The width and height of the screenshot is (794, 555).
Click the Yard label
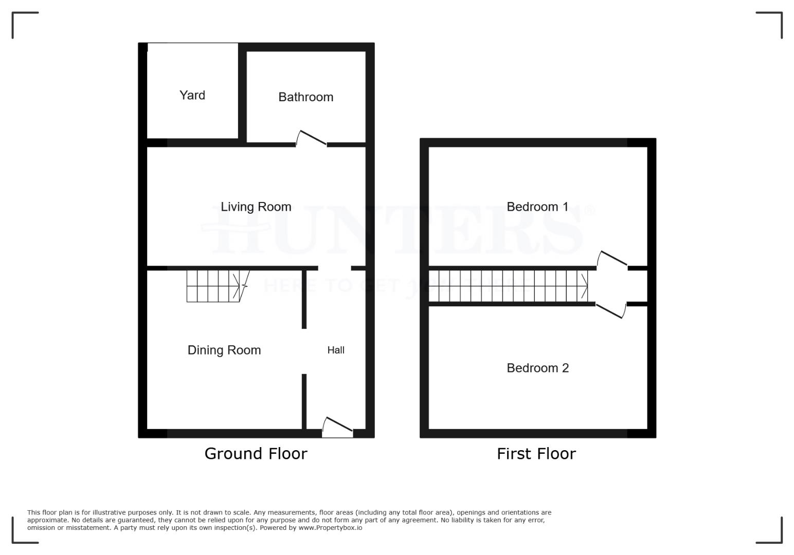[192, 95]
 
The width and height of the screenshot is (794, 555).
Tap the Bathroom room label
[305, 97]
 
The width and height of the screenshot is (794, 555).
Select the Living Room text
[256, 207]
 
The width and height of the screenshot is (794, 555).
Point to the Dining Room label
[224, 350]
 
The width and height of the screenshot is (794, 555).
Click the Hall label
[336, 350]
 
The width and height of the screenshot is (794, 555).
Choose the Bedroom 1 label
[537, 207]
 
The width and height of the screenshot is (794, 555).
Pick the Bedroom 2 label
[537, 368]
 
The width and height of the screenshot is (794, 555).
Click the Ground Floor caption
[256, 454]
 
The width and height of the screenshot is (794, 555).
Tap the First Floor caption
[536, 454]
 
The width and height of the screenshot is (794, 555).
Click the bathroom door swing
[311, 138]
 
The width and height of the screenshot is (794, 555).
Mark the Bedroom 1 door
[612, 258]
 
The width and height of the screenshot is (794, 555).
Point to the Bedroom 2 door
[611, 310]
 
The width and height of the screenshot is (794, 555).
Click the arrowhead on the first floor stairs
[585, 286]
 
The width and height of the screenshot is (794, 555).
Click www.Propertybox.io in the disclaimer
[330, 528]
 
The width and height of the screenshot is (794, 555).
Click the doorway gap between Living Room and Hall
[335, 268]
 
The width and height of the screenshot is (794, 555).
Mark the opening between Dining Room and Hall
[304, 351]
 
